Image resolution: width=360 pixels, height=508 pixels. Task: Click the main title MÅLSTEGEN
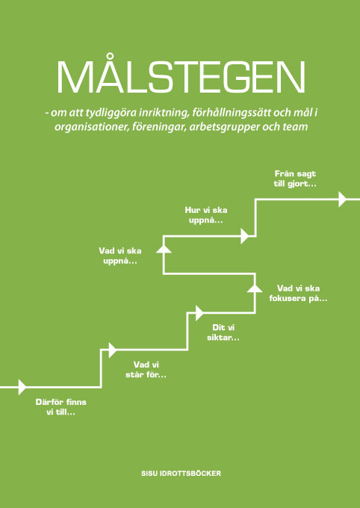tap(181, 75)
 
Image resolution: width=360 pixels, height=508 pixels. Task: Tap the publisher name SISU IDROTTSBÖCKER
tap(181, 474)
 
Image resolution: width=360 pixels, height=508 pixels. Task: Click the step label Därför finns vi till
tap(61, 408)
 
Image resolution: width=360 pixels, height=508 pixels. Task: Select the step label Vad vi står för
tap(146, 371)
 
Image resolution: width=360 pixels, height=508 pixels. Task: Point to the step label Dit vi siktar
tap(223, 333)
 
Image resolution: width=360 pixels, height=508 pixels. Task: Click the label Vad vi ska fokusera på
tap(298, 294)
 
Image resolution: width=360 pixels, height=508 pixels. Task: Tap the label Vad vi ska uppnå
tap(120, 256)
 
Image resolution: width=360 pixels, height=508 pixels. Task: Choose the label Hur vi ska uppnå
tap(206, 215)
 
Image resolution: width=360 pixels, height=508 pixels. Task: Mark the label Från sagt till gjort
tap(295, 179)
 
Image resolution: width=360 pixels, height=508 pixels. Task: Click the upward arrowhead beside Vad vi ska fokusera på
tap(255, 288)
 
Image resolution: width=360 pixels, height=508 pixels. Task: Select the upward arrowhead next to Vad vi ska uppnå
tap(164, 249)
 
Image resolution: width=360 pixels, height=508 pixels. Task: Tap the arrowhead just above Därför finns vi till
tap(22, 387)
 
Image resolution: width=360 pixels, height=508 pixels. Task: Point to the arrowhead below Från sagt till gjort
tap(343, 199)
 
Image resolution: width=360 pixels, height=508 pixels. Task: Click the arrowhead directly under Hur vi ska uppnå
tap(245, 236)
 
